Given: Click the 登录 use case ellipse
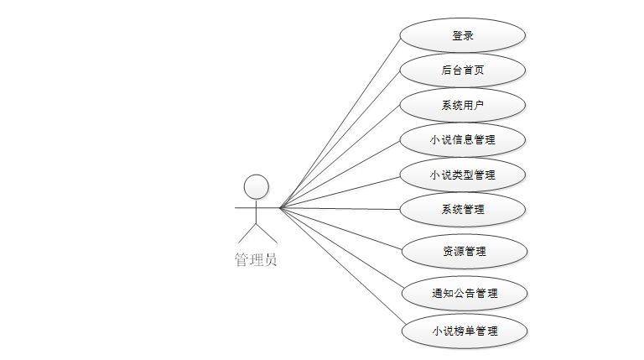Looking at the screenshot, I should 462,36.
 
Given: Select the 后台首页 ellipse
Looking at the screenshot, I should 462,70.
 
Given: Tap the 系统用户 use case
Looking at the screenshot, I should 462,105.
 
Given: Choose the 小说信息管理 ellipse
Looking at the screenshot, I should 462,140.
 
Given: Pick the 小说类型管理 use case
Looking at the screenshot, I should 462,175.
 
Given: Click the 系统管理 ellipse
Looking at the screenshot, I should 462,209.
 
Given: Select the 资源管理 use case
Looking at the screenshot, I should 464,251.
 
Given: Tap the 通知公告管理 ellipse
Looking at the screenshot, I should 464,294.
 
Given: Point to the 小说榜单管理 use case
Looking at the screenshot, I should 464,331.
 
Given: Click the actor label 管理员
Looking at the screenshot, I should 256,260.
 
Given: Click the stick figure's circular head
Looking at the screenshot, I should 256,186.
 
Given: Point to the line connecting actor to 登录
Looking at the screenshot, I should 340,123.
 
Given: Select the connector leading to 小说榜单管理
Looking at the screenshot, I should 342,267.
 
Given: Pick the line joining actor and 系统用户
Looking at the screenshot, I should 340,157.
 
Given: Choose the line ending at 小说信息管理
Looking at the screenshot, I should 340,174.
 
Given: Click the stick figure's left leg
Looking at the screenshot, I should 246,232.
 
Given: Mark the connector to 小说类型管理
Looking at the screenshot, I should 340,191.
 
